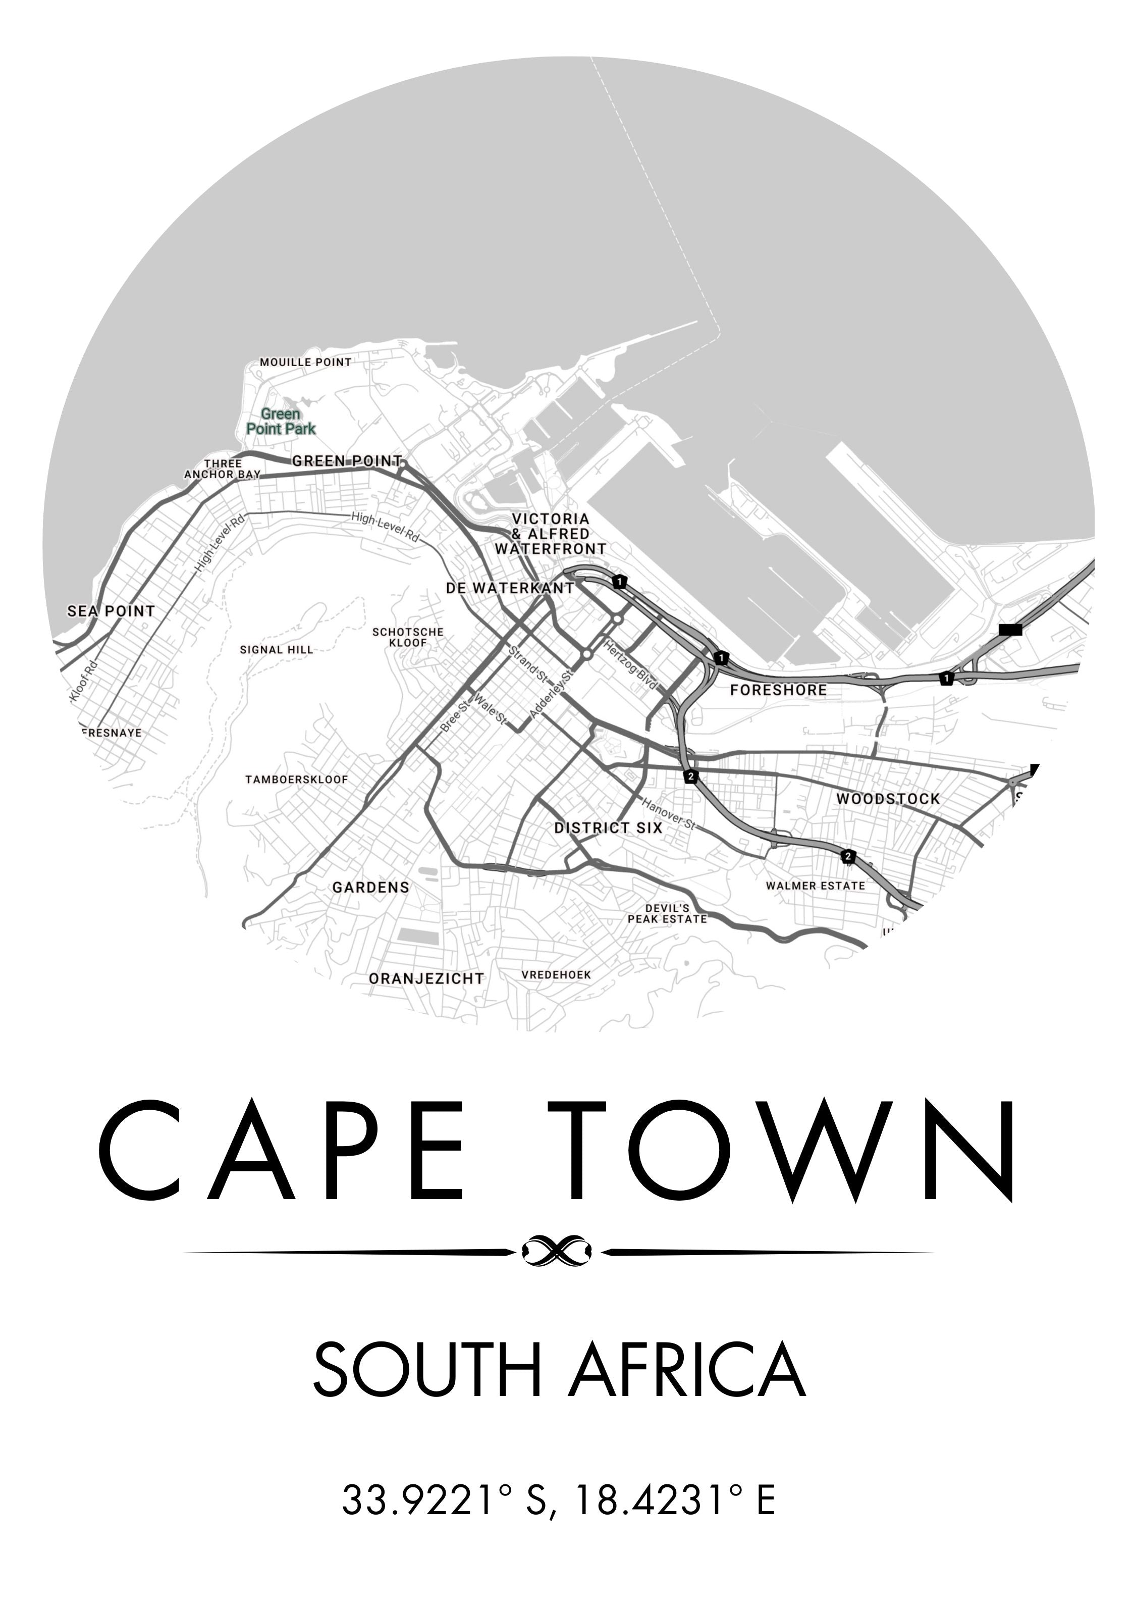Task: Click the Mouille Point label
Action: click(x=305, y=362)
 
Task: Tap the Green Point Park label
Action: click(x=281, y=422)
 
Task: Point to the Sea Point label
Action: click(x=111, y=611)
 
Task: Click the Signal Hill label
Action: click(x=277, y=649)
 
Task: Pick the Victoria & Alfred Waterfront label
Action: click(x=551, y=534)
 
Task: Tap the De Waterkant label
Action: click(x=510, y=588)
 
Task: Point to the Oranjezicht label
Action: click(x=426, y=978)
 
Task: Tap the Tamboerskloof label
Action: click(x=296, y=780)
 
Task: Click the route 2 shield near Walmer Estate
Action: click(x=848, y=856)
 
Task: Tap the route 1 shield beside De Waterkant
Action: click(x=619, y=581)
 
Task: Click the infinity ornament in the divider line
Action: click(x=558, y=1251)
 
